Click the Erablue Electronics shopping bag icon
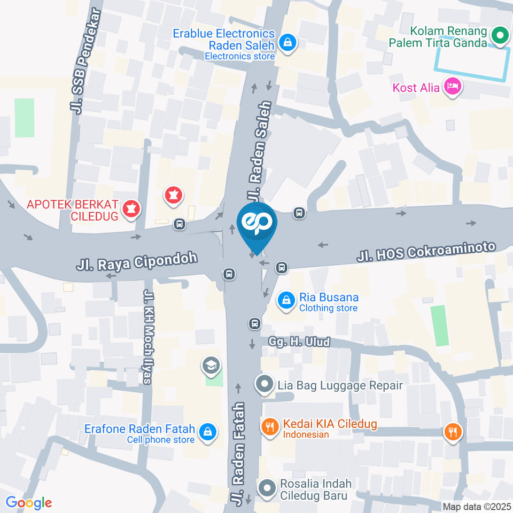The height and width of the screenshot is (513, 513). coord(287,43)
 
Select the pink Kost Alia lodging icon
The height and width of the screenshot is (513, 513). coord(453,87)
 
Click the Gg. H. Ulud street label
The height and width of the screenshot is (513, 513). coord(296,341)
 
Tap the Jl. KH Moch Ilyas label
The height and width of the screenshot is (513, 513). coord(148,337)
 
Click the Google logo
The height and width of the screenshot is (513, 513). coord(29,502)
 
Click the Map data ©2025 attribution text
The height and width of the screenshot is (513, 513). coord(477,507)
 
